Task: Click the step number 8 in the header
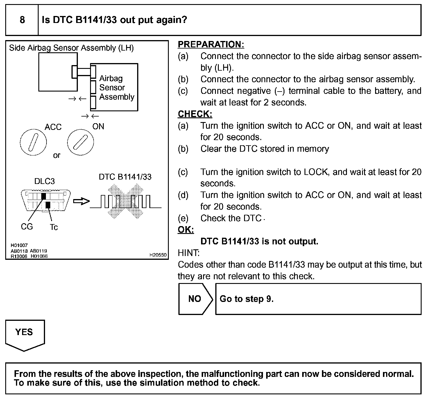(22, 20)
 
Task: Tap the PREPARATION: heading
(211, 44)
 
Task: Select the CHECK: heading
(195, 114)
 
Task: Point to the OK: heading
(186, 230)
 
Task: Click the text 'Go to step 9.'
(246, 299)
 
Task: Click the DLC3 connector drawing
(46, 200)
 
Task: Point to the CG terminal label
(27, 227)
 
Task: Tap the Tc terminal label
(54, 227)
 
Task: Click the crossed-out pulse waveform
(126, 201)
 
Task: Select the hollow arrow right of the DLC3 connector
(81, 201)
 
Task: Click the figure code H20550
(158, 255)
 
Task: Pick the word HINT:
(189, 253)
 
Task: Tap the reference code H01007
(19, 245)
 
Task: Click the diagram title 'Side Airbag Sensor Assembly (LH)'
(71, 48)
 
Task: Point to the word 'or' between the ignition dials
(57, 155)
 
